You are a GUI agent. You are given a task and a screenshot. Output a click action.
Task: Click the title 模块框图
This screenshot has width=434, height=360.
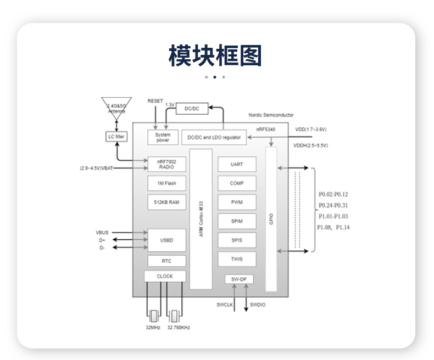(x=215, y=56)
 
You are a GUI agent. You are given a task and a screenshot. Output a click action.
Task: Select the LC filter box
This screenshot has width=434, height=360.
(x=116, y=136)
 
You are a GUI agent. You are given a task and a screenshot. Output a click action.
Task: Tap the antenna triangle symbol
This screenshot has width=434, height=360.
(x=116, y=106)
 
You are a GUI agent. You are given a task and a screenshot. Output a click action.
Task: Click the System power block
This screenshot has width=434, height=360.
(x=163, y=137)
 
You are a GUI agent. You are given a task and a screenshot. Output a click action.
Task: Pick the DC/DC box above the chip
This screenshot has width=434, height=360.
(x=192, y=109)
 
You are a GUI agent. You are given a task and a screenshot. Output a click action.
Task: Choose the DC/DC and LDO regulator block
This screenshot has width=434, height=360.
(x=214, y=138)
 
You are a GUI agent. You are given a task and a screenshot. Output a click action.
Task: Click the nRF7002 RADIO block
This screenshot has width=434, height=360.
(x=166, y=164)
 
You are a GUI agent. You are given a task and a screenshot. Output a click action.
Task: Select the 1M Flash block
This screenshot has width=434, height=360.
(x=166, y=183)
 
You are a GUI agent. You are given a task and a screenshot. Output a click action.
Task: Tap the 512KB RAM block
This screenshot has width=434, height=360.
(x=166, y=203)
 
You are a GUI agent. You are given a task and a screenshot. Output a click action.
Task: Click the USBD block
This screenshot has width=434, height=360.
(x=166, y=240)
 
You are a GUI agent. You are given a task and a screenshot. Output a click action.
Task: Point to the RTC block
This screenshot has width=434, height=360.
(x=166, y=261)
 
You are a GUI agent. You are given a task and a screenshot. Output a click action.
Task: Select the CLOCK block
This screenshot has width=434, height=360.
(x=165, y=277)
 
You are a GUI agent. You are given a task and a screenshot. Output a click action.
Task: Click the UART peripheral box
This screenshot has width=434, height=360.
(x=237, y=164)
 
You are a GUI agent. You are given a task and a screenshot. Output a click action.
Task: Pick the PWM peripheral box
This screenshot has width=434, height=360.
(x=237, y=203)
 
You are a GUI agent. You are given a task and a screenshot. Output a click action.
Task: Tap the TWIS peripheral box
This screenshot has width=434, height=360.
(x=237, y=259)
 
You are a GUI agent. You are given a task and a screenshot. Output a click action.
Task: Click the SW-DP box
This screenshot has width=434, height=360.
(x=239, y=279)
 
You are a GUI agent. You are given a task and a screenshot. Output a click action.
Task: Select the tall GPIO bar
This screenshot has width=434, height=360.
(x=271, y=219)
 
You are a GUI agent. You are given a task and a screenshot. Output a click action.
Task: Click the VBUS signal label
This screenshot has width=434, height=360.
(x=103, y=233)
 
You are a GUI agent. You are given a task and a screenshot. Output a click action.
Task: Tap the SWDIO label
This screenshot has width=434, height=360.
(x=258, y=305)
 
